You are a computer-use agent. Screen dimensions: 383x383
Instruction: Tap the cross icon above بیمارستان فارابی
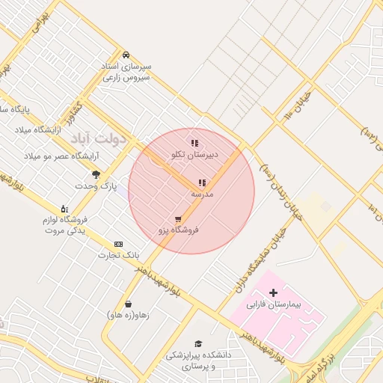click(272, 292)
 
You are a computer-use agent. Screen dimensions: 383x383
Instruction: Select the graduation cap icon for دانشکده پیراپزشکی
click(198, 343)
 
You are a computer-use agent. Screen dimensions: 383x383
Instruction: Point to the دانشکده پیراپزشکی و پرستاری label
click(191, 362)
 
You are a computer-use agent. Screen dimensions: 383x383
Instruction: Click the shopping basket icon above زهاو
click(129, 304)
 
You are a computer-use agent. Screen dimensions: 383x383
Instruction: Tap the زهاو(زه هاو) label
click(128, 315)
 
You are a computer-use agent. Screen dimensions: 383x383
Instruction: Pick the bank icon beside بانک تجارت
click(118, 244)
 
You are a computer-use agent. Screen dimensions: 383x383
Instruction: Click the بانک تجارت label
click(119, 256)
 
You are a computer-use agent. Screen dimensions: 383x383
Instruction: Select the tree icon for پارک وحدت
click(96, 174)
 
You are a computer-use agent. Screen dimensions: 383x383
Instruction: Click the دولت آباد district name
click(101, 139)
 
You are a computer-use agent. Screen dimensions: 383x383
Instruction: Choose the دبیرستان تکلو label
click(194, 155)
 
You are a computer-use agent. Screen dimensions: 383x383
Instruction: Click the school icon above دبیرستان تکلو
click(194, 143)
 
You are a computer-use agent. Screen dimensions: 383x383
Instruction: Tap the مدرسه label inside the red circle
click(202, 194)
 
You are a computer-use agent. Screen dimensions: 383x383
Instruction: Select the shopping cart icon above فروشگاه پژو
click(177, 219)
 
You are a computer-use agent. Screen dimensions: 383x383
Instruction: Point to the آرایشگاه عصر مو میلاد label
click(57, 156)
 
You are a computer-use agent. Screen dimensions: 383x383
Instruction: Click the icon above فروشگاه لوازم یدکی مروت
click(64, 209)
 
